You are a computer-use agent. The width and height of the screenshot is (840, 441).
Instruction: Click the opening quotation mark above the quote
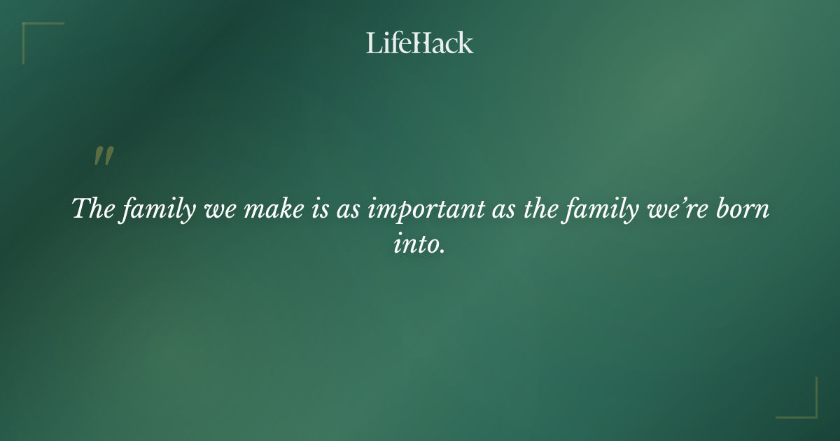click(103, 157)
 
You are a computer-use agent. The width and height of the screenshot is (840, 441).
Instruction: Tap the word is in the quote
click(316, 209)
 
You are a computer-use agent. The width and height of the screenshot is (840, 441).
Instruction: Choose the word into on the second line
click(416, 245)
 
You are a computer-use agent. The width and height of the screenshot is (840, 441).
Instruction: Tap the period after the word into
click(442, 251)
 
